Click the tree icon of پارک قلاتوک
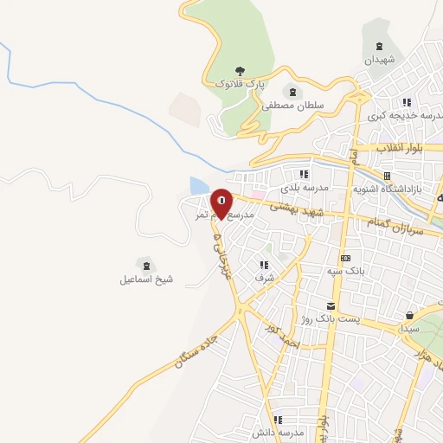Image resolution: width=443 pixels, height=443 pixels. (240, 71)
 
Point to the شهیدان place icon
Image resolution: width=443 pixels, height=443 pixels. (378, 47)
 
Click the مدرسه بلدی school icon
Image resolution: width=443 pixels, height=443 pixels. (304, 174)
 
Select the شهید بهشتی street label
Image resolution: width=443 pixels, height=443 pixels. (297, 210)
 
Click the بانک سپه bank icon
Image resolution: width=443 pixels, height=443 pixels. (346, 258)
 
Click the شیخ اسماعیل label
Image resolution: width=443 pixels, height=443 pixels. (146, 279)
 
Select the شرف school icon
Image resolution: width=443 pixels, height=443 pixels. (264, 265)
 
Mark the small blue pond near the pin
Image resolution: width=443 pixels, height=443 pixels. (198, 186)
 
